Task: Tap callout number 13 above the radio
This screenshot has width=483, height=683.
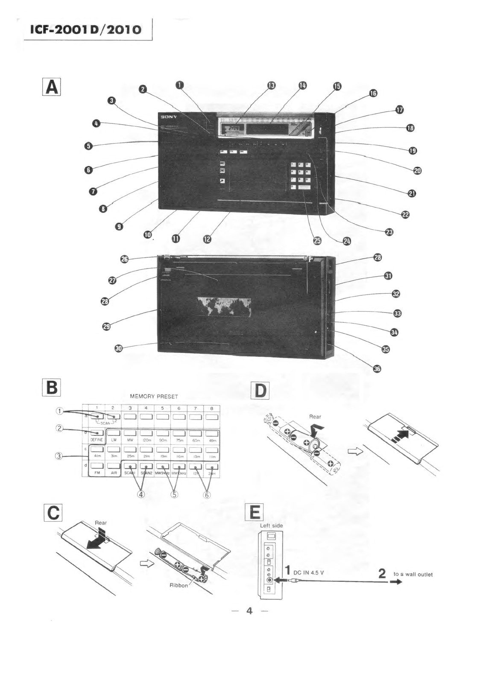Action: [271, 85]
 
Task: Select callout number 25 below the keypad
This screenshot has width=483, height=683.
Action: [317, 241]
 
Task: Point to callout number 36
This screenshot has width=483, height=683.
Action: [377, 369]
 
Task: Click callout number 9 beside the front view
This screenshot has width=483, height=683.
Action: [120, 226]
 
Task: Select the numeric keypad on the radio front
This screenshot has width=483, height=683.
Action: [302, 175]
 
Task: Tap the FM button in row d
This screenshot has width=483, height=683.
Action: [97, 470]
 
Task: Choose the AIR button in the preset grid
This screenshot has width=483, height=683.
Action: [113, 470]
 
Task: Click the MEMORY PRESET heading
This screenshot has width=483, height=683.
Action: [154, 397]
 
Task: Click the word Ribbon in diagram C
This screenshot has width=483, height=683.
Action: [179, 585]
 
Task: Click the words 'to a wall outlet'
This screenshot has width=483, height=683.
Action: [413, 574]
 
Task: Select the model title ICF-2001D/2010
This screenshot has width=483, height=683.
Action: [85, 29]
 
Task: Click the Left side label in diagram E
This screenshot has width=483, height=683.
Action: [271, 525]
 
